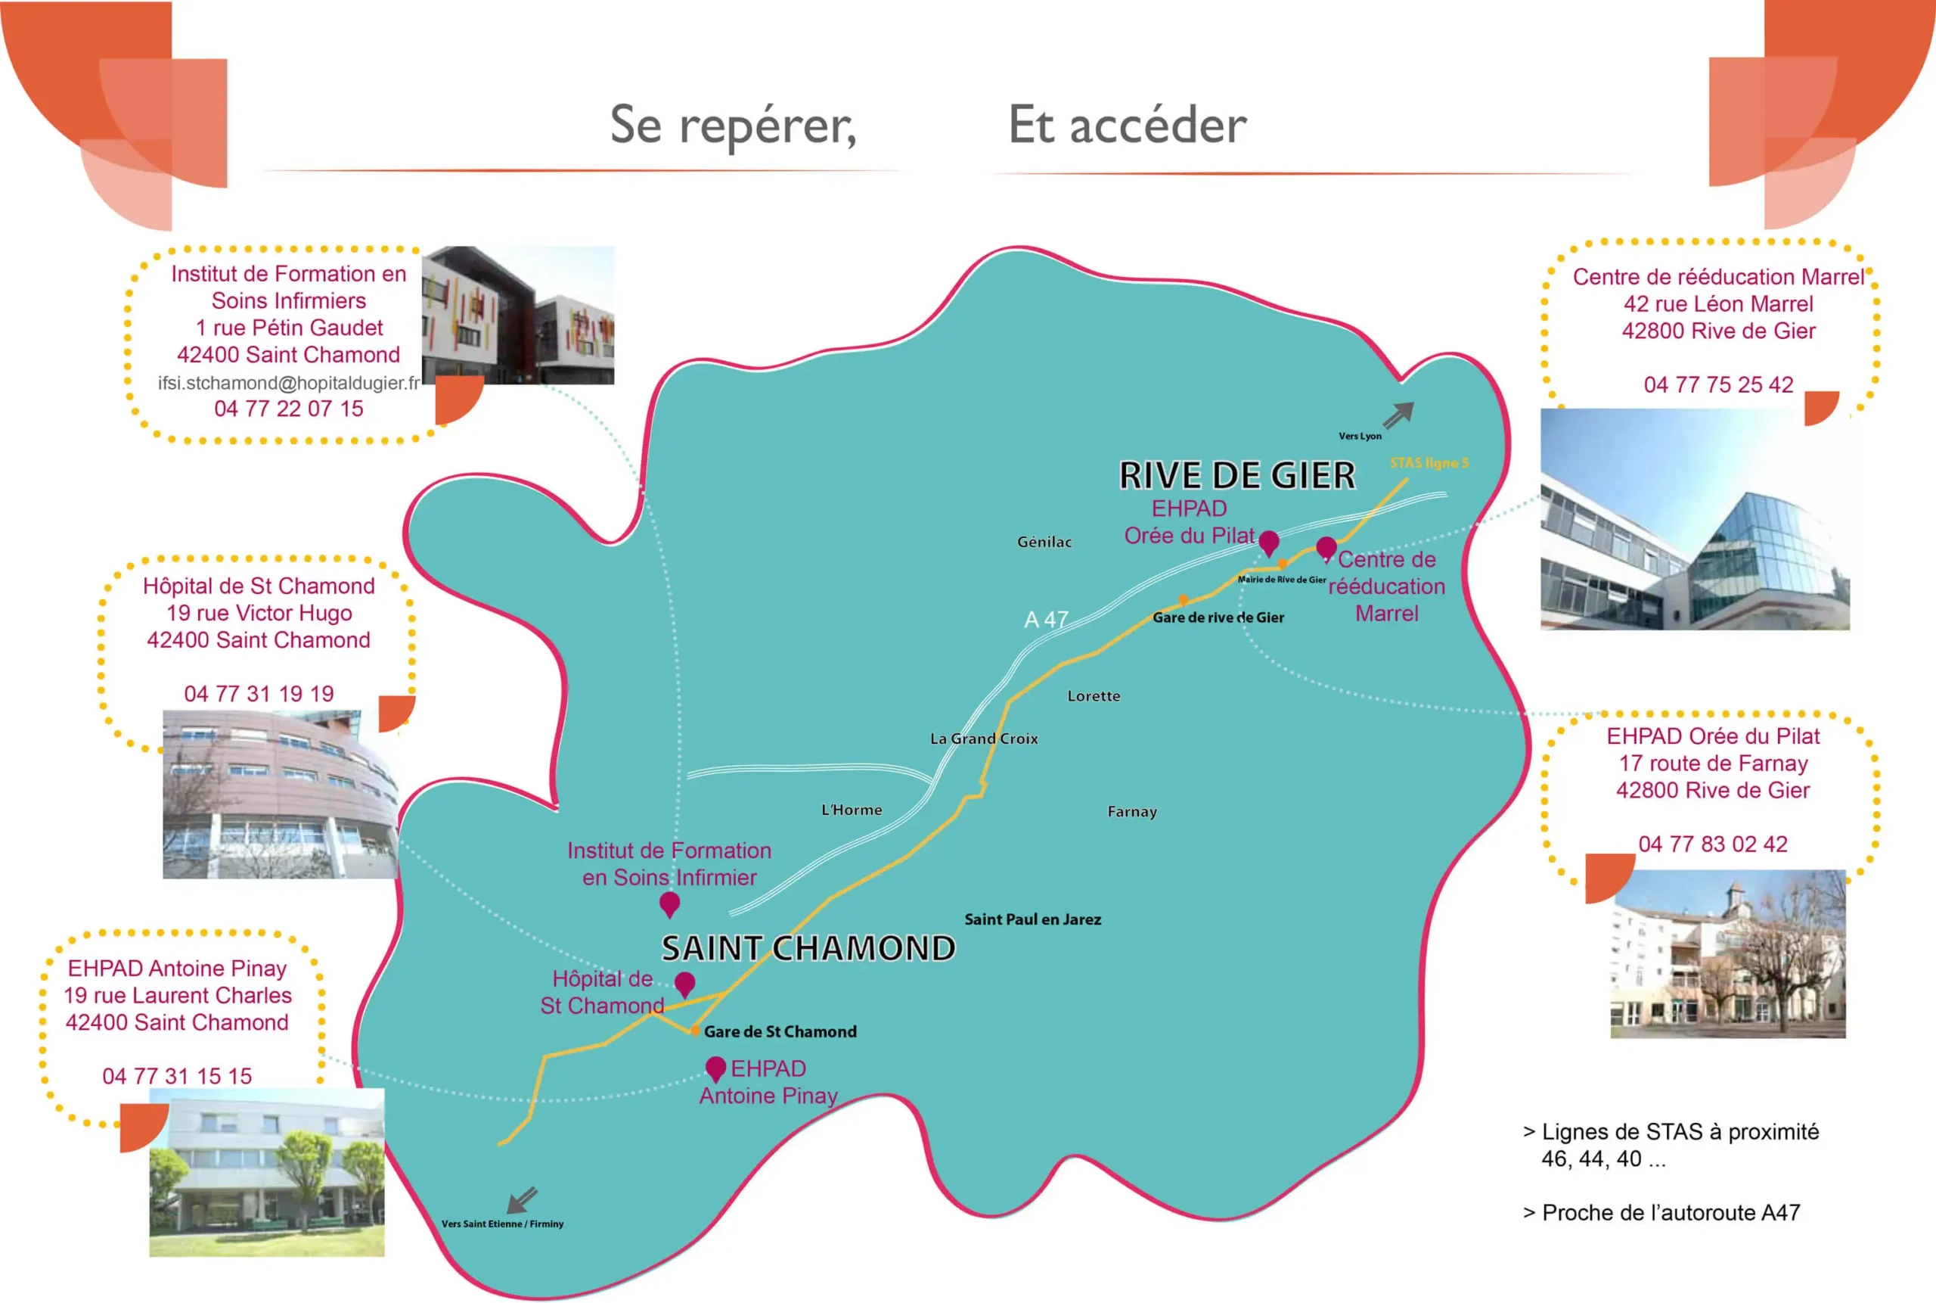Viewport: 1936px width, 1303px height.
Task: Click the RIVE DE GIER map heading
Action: (1236, 476)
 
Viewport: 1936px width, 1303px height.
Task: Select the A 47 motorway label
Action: (1046, 620)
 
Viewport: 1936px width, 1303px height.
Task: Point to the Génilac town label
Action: (1044, 542)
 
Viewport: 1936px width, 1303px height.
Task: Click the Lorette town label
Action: (1093, 696)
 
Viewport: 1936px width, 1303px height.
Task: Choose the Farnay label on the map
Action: (1131, 812)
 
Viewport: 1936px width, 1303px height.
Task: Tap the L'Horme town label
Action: (852, 810)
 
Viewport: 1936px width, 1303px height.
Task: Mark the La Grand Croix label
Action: (983, 739)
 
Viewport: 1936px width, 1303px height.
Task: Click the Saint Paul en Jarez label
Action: (1032, 919)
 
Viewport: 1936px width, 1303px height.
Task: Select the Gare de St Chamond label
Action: (780, 1031)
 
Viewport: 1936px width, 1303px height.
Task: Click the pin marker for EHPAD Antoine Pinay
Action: (715, 1068)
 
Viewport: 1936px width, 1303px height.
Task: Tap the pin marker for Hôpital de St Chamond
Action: (684, 984)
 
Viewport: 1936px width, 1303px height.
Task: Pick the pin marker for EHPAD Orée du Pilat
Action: (1268, 543)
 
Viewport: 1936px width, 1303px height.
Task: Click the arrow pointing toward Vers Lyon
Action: (1398, 414)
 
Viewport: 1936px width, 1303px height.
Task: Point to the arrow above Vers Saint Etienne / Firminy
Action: (523, 1200)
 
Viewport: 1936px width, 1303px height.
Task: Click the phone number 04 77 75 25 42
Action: (1718, 384)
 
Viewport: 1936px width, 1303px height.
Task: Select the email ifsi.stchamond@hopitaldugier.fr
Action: (289, 383)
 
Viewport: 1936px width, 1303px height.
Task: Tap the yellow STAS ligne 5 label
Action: (1429, 463)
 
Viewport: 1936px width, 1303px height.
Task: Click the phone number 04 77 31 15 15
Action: (177, 1076)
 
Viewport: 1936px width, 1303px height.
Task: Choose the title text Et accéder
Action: (1127, 126)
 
